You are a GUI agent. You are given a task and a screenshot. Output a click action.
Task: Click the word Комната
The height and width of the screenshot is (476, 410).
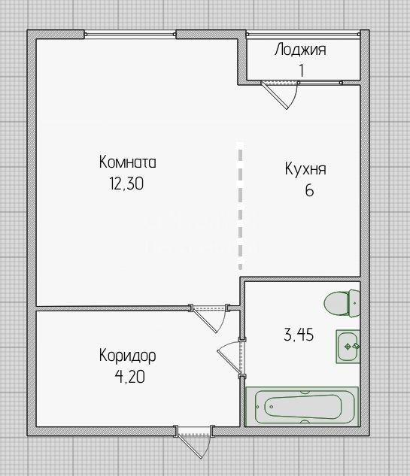[128, 162]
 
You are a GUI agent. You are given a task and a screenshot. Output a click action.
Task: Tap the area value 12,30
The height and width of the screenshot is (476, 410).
[126, 183]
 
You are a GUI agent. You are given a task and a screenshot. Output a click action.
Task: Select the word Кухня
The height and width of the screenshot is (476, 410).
[305, 169]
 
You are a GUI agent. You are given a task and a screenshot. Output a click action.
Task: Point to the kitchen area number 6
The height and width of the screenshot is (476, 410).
[309, 191]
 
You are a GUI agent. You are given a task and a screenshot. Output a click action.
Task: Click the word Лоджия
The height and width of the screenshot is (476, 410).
[300, 50]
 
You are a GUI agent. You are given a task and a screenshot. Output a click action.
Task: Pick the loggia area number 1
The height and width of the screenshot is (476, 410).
[301, 71]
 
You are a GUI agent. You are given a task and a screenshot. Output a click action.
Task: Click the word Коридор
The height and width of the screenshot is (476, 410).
[128, 356]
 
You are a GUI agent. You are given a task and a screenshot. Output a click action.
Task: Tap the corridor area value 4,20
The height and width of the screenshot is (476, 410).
[129, 377]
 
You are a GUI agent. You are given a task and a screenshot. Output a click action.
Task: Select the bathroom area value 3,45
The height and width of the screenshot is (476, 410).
[299, 335]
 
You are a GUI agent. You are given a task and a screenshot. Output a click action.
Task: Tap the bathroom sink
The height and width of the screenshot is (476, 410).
[348, 347]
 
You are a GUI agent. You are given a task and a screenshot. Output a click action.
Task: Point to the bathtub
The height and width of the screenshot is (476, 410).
[302, 407]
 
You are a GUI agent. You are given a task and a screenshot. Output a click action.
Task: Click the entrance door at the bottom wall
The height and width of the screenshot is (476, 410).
[193, 441]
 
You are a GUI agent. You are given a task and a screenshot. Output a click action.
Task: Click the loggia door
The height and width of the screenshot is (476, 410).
[279, 94]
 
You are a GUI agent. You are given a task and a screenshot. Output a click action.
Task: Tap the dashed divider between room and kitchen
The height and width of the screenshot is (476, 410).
[241, 206]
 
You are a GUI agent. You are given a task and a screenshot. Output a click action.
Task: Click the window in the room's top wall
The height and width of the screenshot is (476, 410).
[130, 35]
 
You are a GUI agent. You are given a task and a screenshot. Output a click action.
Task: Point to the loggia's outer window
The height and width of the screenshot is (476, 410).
[303, 35]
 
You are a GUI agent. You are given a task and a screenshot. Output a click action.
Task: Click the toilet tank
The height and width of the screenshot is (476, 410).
[354, 303]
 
